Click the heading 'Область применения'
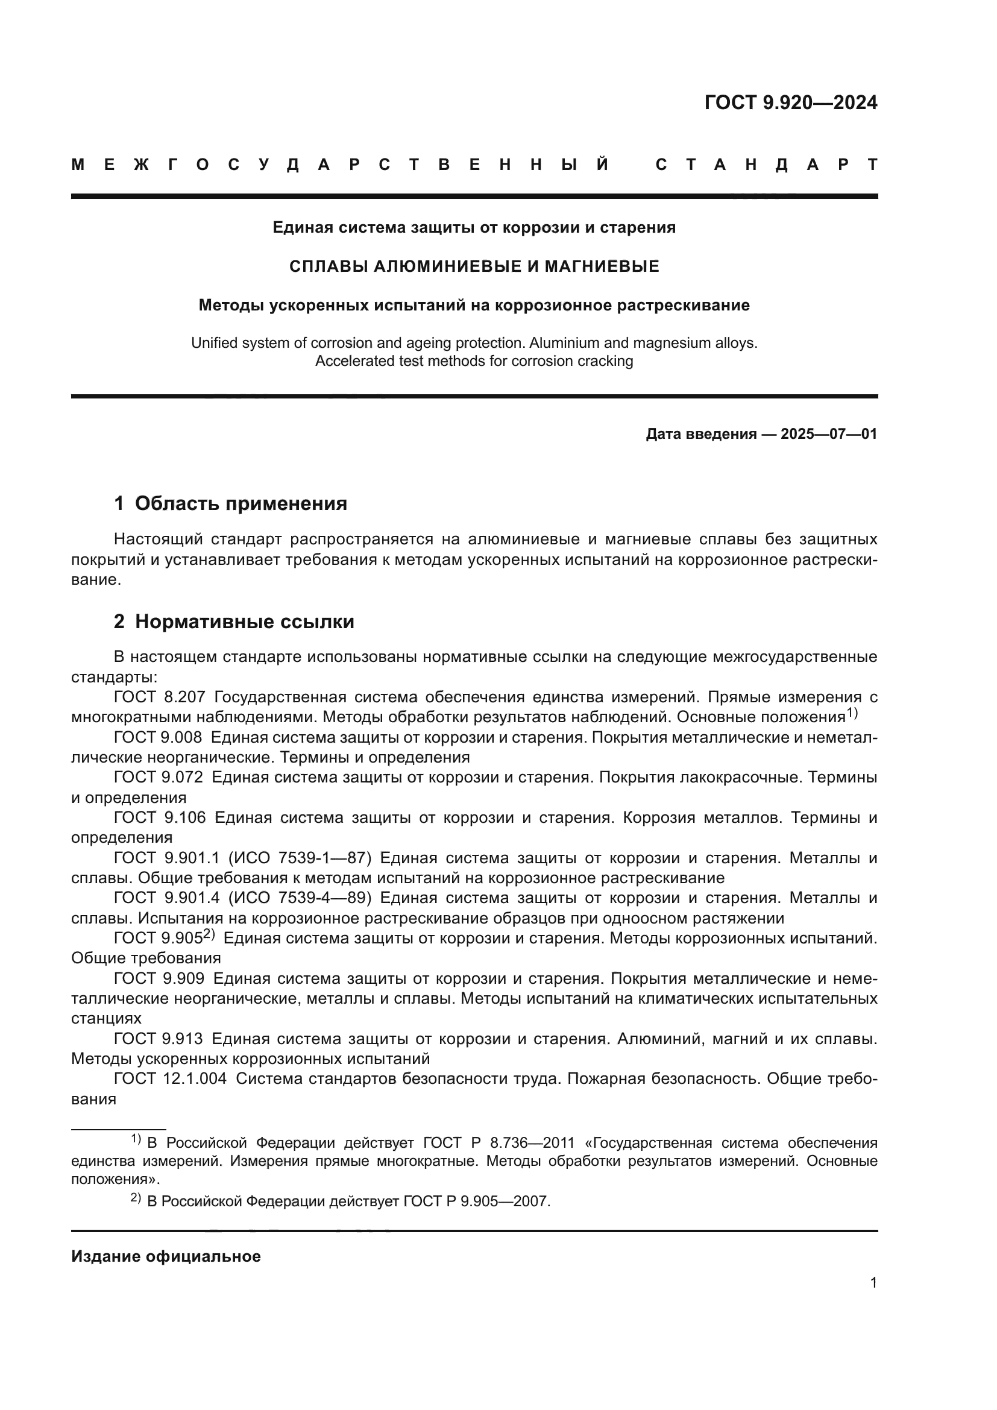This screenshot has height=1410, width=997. pos(241,503)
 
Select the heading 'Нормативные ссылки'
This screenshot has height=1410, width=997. pos(244,622)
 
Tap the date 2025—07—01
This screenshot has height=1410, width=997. pos(828,434)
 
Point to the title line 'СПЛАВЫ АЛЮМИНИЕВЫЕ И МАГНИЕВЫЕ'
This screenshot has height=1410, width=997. pos(474,266)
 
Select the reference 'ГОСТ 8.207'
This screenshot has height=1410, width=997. pos(159,697)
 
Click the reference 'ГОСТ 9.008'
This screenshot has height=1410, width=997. pos(158,737)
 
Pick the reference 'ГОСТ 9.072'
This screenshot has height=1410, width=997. pos(158,778)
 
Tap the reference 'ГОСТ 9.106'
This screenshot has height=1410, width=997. pos(159,817)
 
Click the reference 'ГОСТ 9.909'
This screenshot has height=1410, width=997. pos(159,978)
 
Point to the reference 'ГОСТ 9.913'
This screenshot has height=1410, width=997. pos(158,1039)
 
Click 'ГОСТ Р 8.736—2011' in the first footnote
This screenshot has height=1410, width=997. pos(498,1143)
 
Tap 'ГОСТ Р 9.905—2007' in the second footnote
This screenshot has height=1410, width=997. pos(476,1201)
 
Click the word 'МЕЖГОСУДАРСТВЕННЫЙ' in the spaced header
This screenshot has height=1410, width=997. pos(341,165)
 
